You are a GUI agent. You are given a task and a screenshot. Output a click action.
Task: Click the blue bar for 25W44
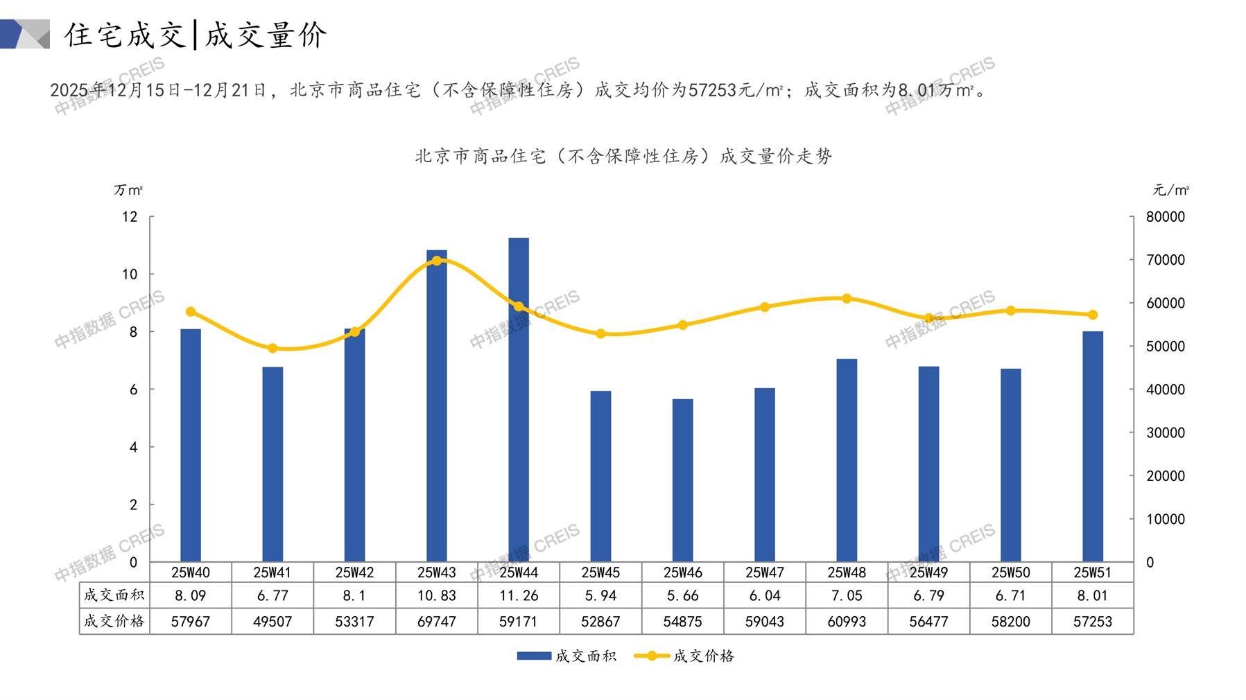click(519, 400)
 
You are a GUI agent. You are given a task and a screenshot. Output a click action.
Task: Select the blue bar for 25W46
click(682, 480)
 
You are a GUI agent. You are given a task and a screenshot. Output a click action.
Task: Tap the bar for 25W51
click(1092, 446)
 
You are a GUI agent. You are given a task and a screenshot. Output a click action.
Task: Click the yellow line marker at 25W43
click(437, 261)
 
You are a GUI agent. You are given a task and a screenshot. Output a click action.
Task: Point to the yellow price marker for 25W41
click(272, 349)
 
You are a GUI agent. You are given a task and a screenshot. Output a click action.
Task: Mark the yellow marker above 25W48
click(847, 299)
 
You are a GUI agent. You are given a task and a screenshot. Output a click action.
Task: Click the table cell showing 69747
click(437, 622)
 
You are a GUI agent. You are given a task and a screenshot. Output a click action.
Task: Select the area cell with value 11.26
click(519, 595)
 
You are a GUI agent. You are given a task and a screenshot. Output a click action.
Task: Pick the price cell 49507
click(272, 622)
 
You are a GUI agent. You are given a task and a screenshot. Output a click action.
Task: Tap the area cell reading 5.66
click(682, 595)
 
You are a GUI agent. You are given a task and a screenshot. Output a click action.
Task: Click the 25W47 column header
click(764, 572)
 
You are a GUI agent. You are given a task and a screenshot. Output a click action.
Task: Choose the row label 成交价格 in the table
click(114, 621)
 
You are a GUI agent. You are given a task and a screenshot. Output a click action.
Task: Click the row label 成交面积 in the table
click(114, 595)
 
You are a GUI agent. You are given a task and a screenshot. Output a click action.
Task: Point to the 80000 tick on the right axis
click(1166, 217)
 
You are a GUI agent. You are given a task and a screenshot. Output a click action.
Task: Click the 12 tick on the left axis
click(130, 217)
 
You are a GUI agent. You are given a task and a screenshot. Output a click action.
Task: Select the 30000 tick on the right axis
click(1166, 432)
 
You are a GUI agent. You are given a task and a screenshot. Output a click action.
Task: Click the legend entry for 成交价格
click(702, 656)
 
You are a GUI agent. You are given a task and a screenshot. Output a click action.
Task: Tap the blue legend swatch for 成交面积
click(534, 656)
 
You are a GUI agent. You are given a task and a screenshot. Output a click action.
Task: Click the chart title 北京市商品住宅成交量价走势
click(623, 156)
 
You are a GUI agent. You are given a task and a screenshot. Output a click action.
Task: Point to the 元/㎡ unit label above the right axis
click(1170, 190)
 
